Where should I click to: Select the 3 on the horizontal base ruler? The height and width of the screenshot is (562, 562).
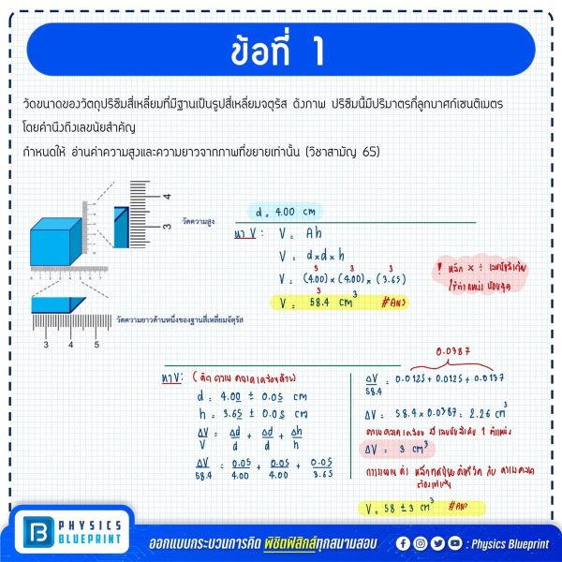coord(46,345)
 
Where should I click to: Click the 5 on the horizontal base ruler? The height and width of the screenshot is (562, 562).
coord(96,345)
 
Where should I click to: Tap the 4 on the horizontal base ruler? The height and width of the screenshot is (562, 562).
coord(71,345)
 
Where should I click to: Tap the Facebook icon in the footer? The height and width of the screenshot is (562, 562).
coord(403,542)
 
